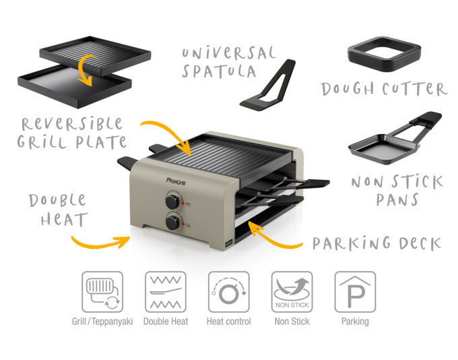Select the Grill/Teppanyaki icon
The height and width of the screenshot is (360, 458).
click(102, 291)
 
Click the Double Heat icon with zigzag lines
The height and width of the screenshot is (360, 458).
click(166, 291)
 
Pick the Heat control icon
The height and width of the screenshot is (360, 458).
click(229, 291)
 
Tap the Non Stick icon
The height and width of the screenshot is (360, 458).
click(292, 291)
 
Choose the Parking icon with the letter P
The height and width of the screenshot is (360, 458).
click(355, 291)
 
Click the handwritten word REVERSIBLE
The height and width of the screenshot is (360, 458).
click(72, 124)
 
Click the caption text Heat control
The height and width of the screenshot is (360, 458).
click(229, 322)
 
